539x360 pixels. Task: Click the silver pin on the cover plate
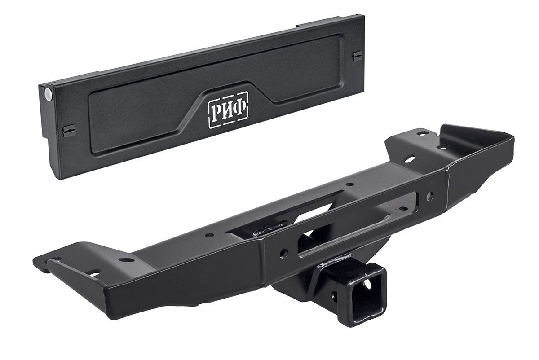click(x=49, y=95)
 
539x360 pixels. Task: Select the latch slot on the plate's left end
click(x=69, y=131)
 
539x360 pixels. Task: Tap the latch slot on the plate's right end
click(x=358, y=57)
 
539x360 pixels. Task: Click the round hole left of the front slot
click(x=284, y=253)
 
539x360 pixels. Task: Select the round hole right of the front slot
click(x=430, y=197)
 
